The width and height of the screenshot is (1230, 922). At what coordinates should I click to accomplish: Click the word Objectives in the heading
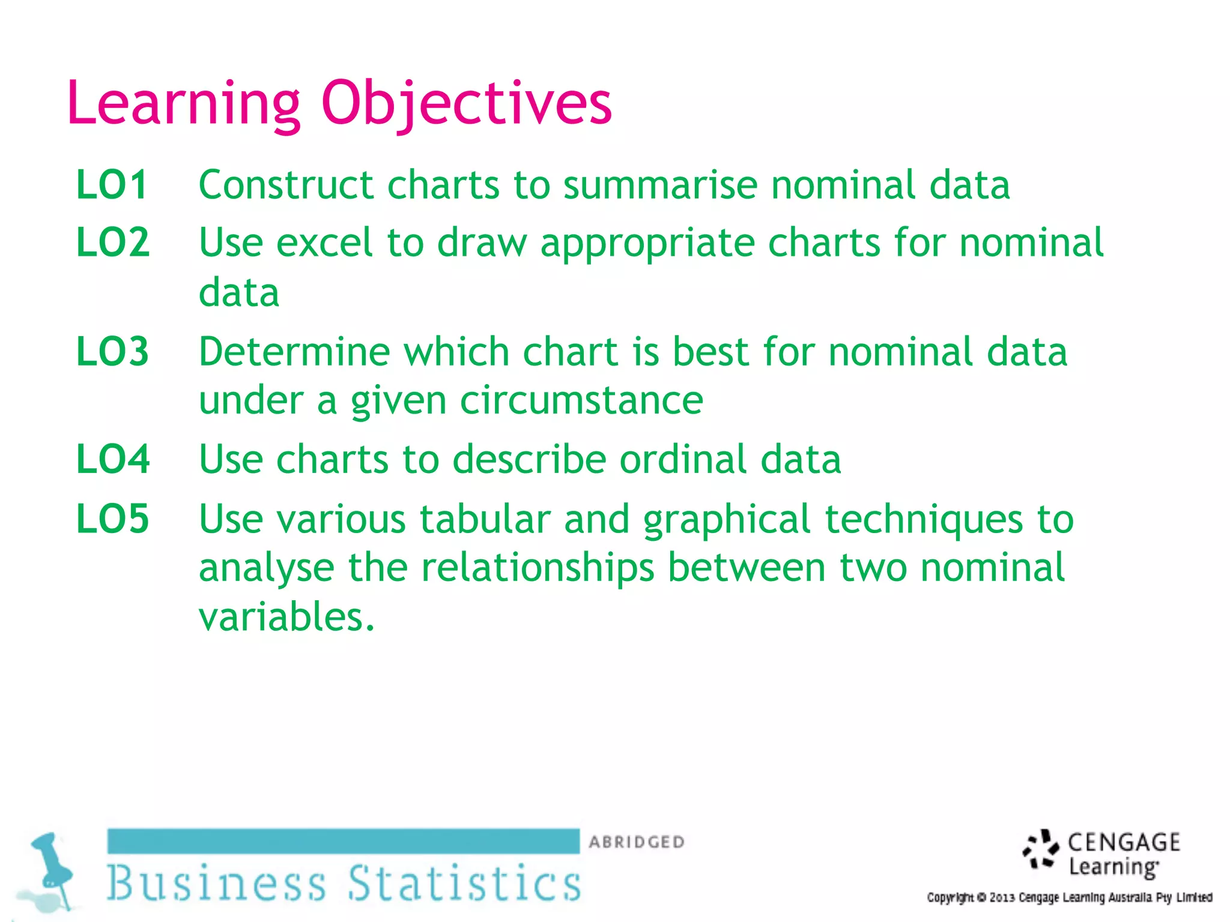tap(467, 103)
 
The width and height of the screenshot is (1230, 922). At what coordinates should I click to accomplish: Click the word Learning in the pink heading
tap(184, 103)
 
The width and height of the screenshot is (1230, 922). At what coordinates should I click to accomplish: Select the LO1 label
tap(112, 184)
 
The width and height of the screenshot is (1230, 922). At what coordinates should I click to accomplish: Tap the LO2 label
tap(113, 243)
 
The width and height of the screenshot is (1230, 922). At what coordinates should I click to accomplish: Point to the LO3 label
tap(112, 351)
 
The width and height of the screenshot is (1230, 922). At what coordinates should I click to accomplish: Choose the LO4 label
tap(113, 459)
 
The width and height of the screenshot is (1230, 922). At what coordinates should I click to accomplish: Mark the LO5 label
tap(112, 519)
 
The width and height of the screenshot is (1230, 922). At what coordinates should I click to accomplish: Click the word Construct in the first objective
tap(286, 184)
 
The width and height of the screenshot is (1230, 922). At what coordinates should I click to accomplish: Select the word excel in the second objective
tap(324, 243)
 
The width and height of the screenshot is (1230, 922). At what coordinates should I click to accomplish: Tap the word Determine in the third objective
tap(294, 351)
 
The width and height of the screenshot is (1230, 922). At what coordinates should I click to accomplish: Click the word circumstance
tap(581, 400)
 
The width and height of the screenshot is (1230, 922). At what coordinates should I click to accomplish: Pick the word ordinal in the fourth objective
tap(683, 459)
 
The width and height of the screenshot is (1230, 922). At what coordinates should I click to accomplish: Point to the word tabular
tap(485, 519)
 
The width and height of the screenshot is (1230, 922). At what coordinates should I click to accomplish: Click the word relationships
tap(538, 567)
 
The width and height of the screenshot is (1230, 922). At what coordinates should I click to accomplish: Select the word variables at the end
tap(286, 616)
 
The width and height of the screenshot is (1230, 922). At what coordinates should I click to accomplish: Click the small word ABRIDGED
tap(637, 842)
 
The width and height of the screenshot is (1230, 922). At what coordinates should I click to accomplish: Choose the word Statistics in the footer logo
tap(465, 883)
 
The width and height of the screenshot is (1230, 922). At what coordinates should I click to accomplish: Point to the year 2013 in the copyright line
tap(1002, 898)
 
